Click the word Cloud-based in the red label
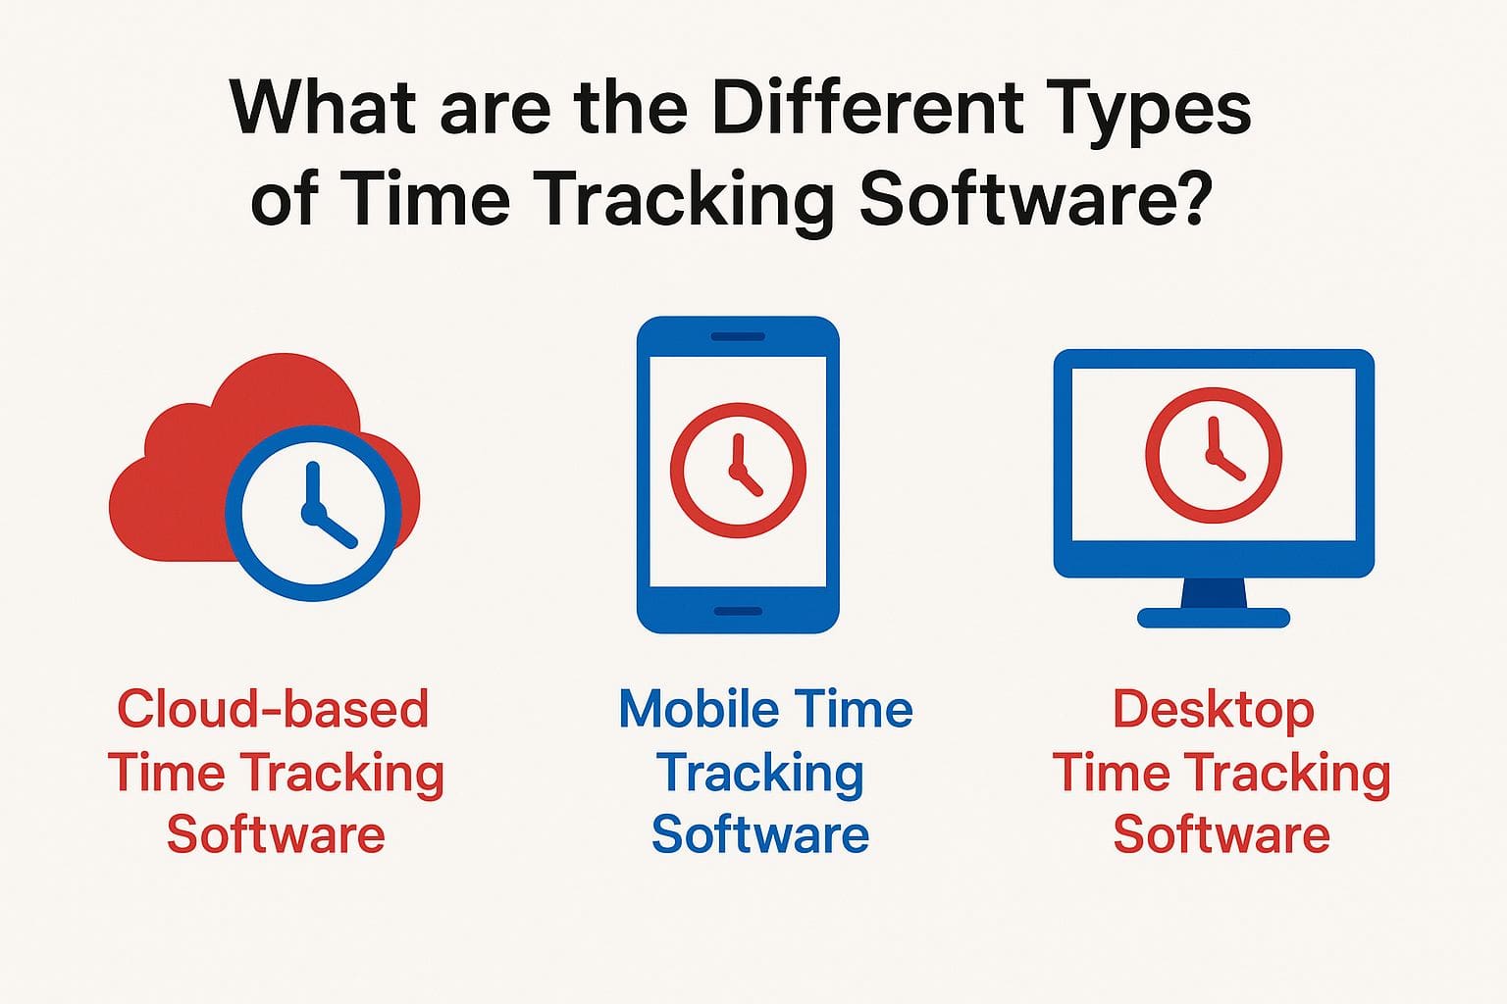coord(273,708)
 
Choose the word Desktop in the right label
coord(1213,710)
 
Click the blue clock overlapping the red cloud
coord(313,512)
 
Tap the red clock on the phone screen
coord(738,470)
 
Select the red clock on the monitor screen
coord(1214,455)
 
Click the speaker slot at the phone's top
coord(738,337)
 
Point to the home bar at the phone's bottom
coord(738,612)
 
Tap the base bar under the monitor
coord(1214,618)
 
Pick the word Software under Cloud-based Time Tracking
coord(276,834)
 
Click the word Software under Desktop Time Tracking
coord(1221,834)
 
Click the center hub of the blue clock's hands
coord(313,511)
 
